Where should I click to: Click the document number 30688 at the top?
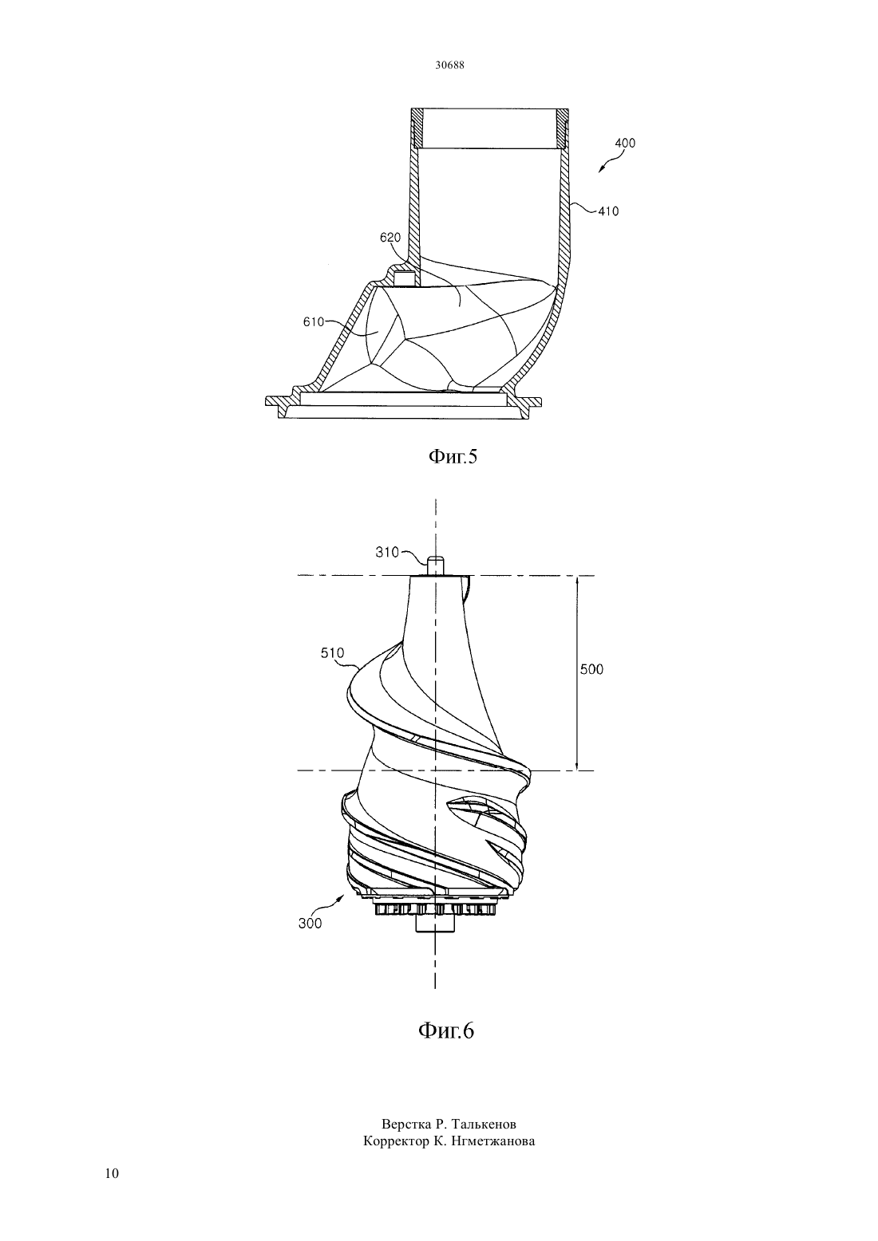point(449,65)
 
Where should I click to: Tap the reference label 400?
point(625,143)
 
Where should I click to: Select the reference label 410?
point(608,211)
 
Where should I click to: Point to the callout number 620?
point(390,238)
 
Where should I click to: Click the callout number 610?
point(314,322)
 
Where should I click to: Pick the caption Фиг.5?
point(453,456)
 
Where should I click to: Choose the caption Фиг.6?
point(446,1030)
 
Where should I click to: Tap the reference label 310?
point(387,553)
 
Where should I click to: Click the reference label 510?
point(333,653)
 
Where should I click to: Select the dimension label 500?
point(591,669)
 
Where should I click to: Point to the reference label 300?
point(310,924)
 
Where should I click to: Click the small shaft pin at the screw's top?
point(436,565)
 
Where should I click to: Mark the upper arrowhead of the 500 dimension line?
point(578,580)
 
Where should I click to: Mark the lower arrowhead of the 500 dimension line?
point(578,766)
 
